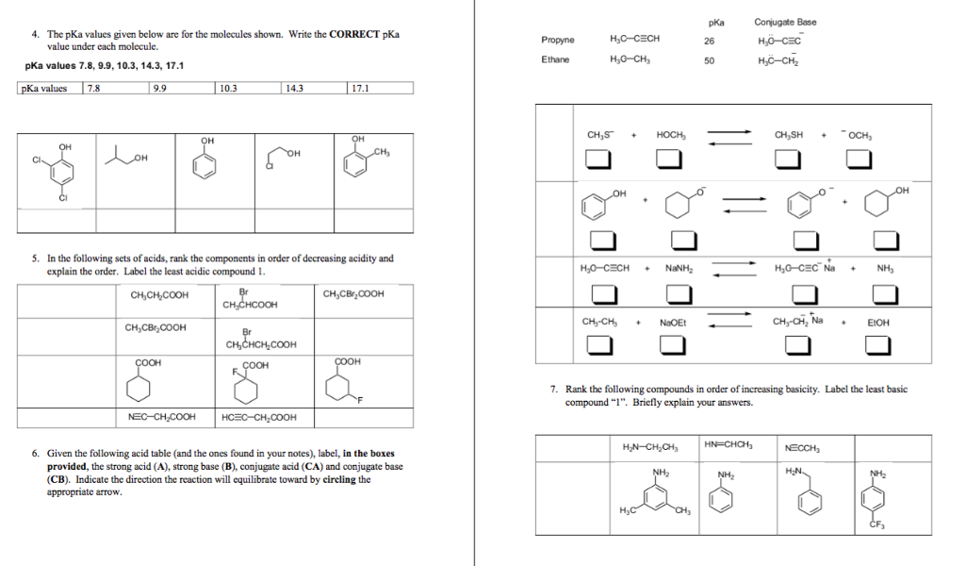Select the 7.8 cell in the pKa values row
pyautogui.click(x=115, y=89)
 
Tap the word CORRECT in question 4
pyautogui.click(x=353, y=34)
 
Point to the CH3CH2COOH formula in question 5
pyautogui.click(x=159, y=296)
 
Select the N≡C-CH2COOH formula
pyautogui.click(x=161, y=417)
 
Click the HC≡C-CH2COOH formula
pyautogui.click(x=259, y=417)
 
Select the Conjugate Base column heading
pyautogui.click(x=785, y=22)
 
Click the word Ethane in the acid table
pyautogui.click(x=555, y=59)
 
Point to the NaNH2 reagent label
pyautogui.click(x=679, y=267)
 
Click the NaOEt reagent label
pyautogui.click(x=673, y=322)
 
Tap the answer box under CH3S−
pyautogui.click(x=597, y=160)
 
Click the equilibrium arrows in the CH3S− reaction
pyautogui.click(x=729, y=138)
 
